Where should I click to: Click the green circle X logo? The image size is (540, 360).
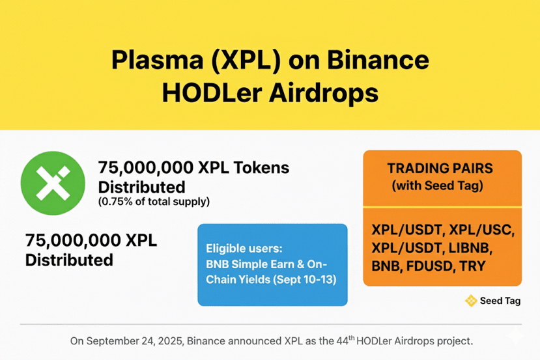point(53,183)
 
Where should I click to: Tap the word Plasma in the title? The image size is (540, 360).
point(158,60)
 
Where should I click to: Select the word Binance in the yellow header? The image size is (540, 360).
point(378,60)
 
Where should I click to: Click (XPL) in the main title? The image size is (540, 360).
point(246,61)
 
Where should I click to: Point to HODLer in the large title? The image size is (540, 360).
point(212,93)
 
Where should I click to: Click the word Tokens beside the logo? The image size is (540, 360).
point(261,167)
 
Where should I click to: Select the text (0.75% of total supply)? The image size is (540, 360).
point(154,201)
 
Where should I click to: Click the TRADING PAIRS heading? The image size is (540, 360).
point(440,169)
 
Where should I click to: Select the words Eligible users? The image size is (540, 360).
point(244,249)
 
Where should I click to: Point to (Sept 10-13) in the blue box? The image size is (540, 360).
point(305,279)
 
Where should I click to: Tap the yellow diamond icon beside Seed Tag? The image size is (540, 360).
point(471,301)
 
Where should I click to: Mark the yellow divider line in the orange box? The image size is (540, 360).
point(442,207)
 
